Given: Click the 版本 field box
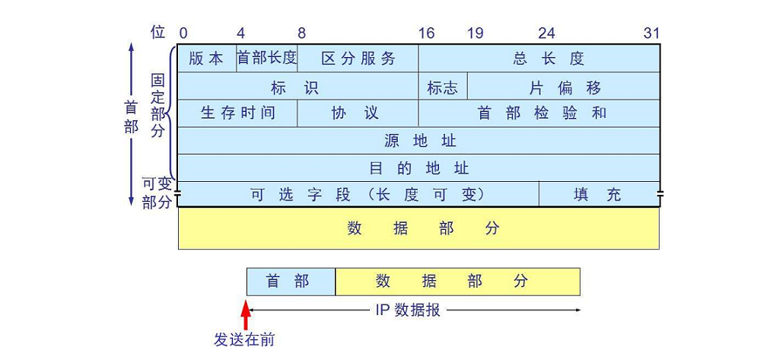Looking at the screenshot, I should pyautogui.click(x=207, y=59).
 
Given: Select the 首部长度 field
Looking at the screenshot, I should pyautogui.click(x=267, y=59).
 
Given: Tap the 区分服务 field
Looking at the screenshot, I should pyautogui.click(x=358, y=59).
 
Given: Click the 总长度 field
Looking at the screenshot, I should pyautogui.click(x=539, y=59).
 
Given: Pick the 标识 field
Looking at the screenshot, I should pyautogui.click(x=297, y=87).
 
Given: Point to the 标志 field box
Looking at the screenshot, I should pyautogui.click(x=443, y=87).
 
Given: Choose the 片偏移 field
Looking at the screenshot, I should pyautogui.click(x=563, y=87).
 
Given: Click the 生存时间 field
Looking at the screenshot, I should pyautogui.click(x=237, y=113).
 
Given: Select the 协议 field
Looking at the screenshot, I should pyautogui.click(x=358, y=113).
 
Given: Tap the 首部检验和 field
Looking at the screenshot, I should pyautogui.click(x=539, y=113).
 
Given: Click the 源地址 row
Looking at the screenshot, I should pyautogui.click(x=418, y=141).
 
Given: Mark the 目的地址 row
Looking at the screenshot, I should pyautogui.click(x=418, y=168).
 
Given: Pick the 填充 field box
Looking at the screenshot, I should pyautogui.click(x=599, y=194).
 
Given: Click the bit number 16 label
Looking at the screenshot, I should pyautogui.click(x=426, y=33).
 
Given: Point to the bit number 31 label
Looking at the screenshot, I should pyautogui.click(x=651, y=33).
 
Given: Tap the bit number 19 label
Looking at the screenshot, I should pyautogui.click(x=476, y=33).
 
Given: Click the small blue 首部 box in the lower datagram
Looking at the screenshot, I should pyautogui.click(x=291, y=281).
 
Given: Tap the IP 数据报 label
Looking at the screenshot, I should pyautogui.click(x=408, y=310).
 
